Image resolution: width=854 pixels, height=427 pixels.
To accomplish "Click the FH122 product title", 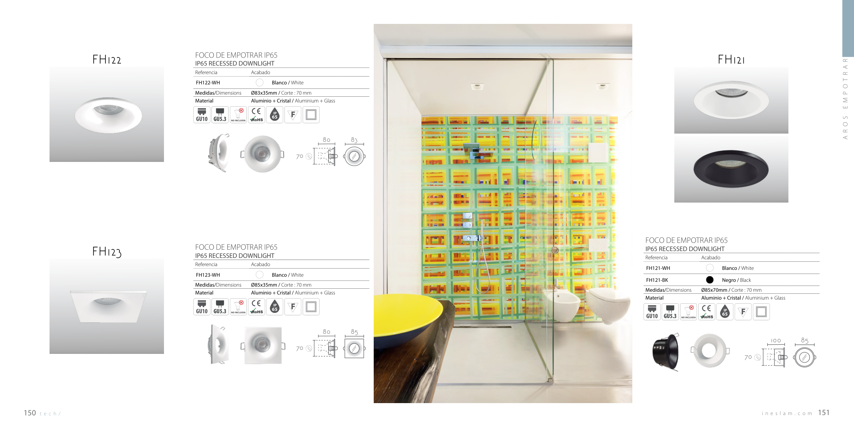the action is click(107, 59).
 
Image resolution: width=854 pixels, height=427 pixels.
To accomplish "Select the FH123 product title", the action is click(107, 252).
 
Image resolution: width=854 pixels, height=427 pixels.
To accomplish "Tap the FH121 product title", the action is click(731, 59).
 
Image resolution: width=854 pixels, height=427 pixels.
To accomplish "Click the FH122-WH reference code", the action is click(208, 83).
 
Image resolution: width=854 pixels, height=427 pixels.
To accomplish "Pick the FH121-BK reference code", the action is click(657, 280).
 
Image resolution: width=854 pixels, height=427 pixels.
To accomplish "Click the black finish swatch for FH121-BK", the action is click(710, 280).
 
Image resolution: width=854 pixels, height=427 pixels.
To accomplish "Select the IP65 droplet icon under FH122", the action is click(275, 115).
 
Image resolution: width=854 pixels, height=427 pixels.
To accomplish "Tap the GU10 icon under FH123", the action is click(202, 307).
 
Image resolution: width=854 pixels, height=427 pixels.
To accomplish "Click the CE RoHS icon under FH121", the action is click(706, 312).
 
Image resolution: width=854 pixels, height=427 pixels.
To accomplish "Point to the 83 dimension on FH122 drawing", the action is click(354, 140).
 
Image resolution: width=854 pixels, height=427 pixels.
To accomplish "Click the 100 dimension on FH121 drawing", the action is click(776, 341).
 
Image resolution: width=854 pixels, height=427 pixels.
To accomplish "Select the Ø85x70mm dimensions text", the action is click(714, 290).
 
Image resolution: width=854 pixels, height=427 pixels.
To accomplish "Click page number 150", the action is click(30, 413).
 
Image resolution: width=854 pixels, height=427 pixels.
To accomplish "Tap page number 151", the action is click(824, 413).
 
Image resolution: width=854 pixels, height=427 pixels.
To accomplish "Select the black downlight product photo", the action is click(731, 169).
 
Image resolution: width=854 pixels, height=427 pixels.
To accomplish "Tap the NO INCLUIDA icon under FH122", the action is click(238, 115).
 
